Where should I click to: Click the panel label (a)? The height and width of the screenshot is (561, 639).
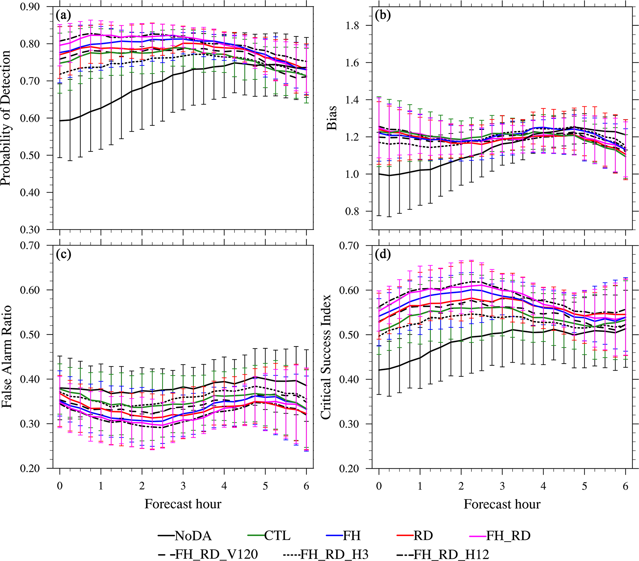tap(63, 15)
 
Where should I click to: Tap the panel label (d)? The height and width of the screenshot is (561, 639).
tap(383, 254)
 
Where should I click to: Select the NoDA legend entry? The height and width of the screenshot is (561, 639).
tap(185, 536)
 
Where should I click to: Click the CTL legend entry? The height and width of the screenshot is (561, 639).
tap(269, 536)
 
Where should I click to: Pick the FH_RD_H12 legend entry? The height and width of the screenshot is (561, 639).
tap(443, 555)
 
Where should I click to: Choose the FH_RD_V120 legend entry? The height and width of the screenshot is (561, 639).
tap(208, 555)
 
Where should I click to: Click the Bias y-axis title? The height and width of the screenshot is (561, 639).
tap(332, 118)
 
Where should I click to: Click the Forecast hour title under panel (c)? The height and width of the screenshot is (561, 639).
tap(183, 504)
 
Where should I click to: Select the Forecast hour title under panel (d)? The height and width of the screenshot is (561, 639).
tap(502, 504)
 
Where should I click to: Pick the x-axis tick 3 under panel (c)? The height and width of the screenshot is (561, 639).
tap(183, 486)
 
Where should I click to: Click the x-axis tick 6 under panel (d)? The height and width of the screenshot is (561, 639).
tap(626, 486)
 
